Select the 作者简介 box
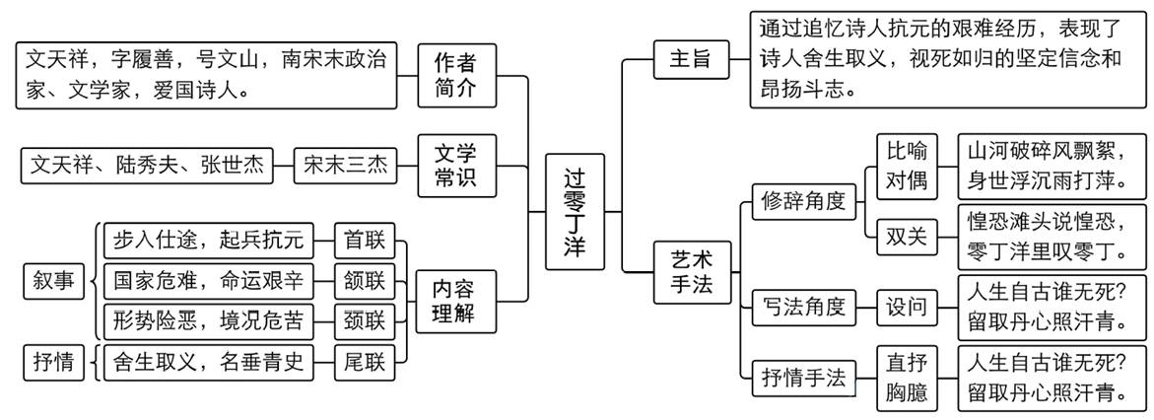click(x=454, y=76)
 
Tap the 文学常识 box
click(x=454, y=166)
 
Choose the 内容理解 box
click(x=454, y=302)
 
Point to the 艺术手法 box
click(x=689, y=272)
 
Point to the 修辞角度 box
click(x=804, y=200)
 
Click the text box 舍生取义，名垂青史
click(x=209, y=362)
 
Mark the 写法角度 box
click(x=804, y=307)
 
